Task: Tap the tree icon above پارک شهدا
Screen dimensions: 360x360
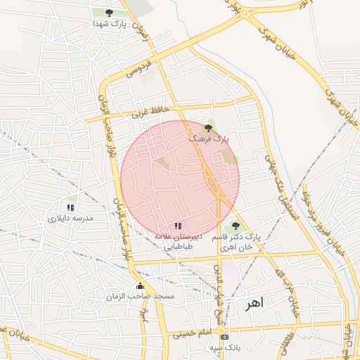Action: tap(108, 13)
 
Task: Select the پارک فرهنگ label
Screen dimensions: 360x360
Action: tap(208, 139)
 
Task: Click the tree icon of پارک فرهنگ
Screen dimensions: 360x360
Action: tap(207, 128)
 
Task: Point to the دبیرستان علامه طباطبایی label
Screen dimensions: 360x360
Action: tap(178, 243)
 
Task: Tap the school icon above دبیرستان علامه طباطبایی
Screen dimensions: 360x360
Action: tap(178, 226)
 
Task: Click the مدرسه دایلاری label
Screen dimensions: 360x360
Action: tap(70, 219)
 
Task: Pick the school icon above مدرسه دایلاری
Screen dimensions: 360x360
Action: tap(70, 207)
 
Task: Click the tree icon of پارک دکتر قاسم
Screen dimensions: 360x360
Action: tap(235, 226)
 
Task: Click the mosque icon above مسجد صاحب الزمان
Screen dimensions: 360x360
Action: tap(141, 285)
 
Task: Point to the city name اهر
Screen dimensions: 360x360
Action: tap(253, 304)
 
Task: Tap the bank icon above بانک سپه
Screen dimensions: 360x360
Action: tap(224, 337)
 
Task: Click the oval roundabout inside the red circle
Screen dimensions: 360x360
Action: tap(212, 185)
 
